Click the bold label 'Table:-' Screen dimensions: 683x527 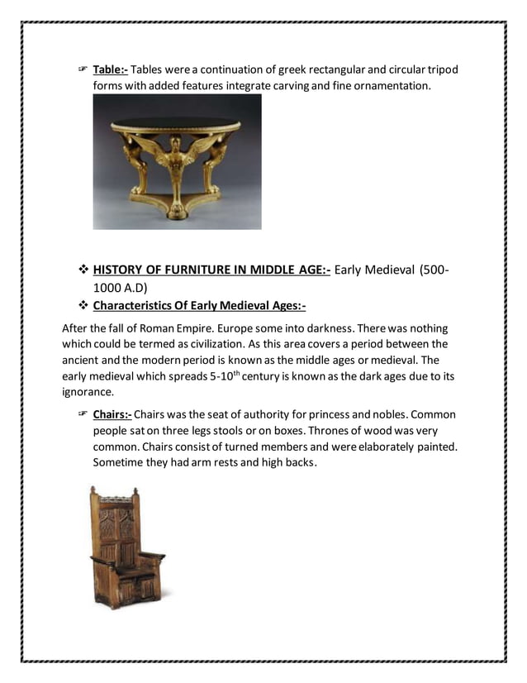tap(111, 69)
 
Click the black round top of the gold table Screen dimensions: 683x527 tap(176, 125)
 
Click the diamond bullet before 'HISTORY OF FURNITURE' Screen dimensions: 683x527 tap(83, 269)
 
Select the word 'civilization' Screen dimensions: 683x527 tap(226, 344)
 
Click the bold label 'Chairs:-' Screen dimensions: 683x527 tap(112, 414)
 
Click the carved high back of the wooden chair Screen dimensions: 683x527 tap(116, 529)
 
